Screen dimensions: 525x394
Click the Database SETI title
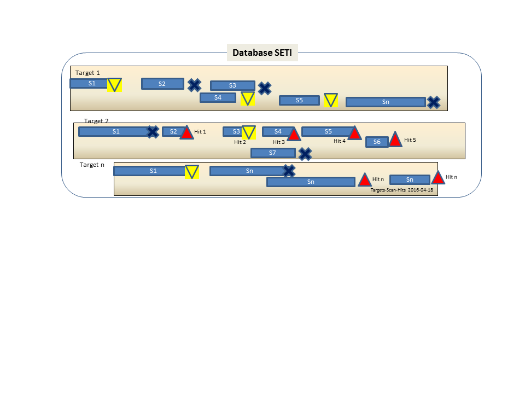click(262, 53)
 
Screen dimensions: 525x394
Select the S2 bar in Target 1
click(163, 84)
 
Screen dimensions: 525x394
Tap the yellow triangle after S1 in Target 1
click(114, 85)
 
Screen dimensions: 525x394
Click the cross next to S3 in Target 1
click(265, 89)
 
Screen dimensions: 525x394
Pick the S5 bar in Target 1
click(299, 100)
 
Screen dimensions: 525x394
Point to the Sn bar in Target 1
click(386, 102)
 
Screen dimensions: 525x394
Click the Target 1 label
click(87, 73)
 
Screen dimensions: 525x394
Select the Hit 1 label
click(200, 132)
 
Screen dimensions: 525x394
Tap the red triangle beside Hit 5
click(395, 140)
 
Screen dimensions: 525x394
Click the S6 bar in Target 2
click(377, 142)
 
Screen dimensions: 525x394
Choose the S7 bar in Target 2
click(273, 153)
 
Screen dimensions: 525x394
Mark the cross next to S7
click(305, 154)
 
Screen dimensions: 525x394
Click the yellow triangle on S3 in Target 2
click(249, 132)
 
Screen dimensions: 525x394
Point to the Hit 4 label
click(340, 141)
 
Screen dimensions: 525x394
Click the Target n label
click(92, 165)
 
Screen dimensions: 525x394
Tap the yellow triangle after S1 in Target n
click(192, 171)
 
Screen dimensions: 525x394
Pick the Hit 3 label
click(279, 142)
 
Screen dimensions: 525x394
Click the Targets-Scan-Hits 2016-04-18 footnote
click(402, 190)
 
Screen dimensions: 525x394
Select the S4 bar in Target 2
click(278, 132)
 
